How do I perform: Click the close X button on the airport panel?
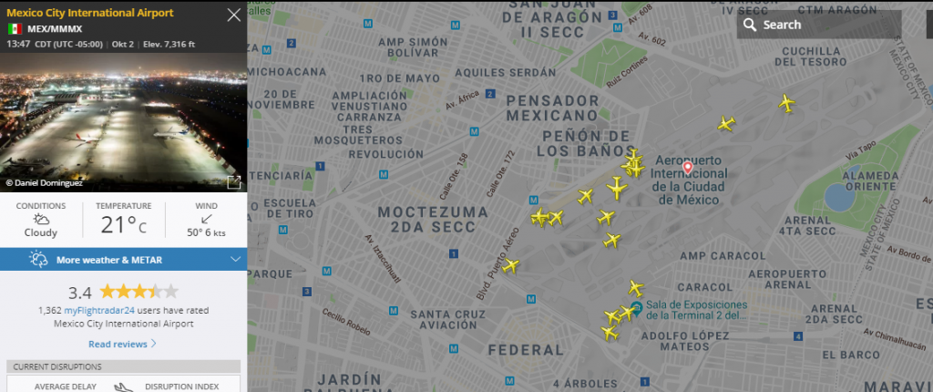pyautogui.click(x=234, y=15)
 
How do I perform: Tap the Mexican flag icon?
pyautogui.click(x=15, y=29)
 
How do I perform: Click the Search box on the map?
pyautogui.click(x=818, y=25)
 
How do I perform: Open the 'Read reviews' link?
pyautogui.click(x=122, y=344)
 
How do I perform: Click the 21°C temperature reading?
pyautogui.click(x=123, y=223)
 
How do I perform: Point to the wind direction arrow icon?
pyautogui.click(x=206, y=219)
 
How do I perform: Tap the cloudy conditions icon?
pyautogui.click(x=41, y=219)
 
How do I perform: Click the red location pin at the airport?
pyautogui.click(x=688, y=158)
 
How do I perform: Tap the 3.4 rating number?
pyautogui.click(x=80, y=293)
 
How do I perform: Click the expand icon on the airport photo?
pyautogui.click(x=233, y=181)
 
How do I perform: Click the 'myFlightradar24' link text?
pyautogui.click(x=100, y=310)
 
